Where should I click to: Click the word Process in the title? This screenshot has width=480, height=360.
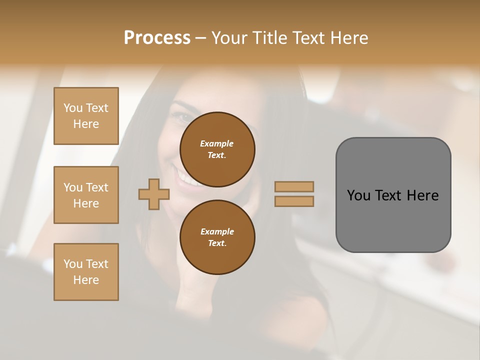click(157, 38)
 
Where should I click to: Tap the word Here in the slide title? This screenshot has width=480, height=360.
click(347, 38)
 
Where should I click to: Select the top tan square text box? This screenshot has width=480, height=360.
click(86, 116)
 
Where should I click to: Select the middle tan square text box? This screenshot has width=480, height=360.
click(86, 195)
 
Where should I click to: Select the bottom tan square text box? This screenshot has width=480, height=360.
click(86, 272)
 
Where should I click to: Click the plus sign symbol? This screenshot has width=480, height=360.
click(153, 194)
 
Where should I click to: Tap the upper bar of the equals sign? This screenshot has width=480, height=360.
click(294, 186)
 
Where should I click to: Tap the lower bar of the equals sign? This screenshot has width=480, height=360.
click(294, 201)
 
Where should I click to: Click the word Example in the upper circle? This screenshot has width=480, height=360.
click(217, 143)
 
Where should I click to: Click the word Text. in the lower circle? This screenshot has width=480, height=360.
click(217, 243)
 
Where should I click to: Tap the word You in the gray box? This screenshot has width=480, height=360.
click(359, 195)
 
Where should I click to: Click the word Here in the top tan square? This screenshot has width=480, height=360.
click(86, 124)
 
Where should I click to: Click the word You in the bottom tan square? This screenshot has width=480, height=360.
click(73, 264)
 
